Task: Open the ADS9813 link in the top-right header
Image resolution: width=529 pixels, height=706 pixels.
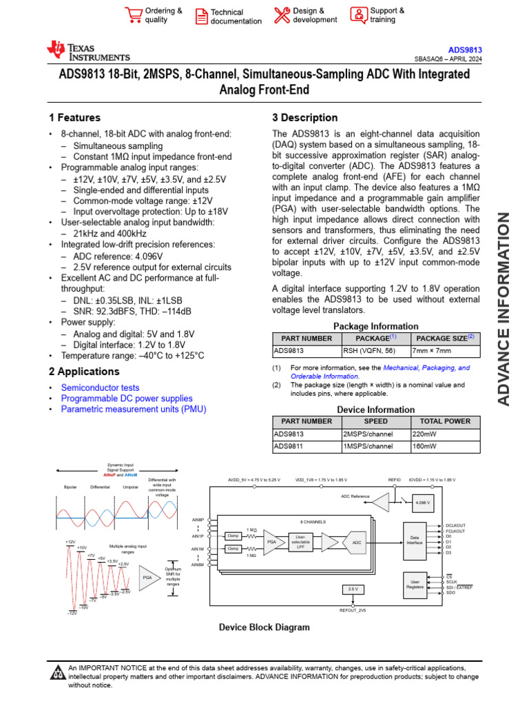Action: tap(465, 50)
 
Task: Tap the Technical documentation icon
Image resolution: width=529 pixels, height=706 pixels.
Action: tap(201, 16)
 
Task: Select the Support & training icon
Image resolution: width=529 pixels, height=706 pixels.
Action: tap(358, 14)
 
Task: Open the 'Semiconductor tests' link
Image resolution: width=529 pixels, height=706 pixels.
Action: tap(100, 388)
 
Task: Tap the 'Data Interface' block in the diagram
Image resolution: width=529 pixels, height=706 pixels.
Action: tap(415, 543)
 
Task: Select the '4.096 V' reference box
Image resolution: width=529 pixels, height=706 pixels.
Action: tap(422, 503)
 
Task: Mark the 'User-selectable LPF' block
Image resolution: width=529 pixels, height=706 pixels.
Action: tap(300, 541)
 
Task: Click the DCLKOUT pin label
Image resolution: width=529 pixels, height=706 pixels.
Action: tap(456, 525)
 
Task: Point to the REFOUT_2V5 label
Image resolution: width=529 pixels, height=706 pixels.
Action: tap(353, 611)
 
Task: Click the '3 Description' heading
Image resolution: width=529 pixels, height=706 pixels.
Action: tap(305, 118)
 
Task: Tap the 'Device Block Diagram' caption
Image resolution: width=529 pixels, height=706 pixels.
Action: tap(264, 627)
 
